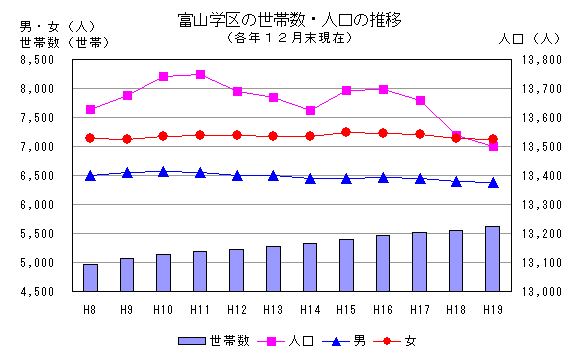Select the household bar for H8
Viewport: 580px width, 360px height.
pos(90,278)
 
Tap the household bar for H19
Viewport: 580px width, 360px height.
pos(492,259)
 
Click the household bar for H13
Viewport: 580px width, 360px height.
pos(273,269)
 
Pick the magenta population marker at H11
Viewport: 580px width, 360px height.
pos(200,74)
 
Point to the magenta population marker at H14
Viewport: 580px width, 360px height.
pos(310,110)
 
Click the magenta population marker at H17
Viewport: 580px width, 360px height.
pos(419,101)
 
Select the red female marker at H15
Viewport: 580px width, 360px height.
pos(346,132)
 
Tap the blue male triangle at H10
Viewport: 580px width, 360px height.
pos(163,172)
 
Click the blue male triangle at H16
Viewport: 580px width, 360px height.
pos(383,178)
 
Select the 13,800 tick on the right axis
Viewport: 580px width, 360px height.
pos(540,60)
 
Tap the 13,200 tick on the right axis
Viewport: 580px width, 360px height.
pos(540,234)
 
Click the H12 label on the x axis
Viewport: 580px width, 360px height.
pos(237,307)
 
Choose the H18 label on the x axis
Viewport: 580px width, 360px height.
pos(456,307)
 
